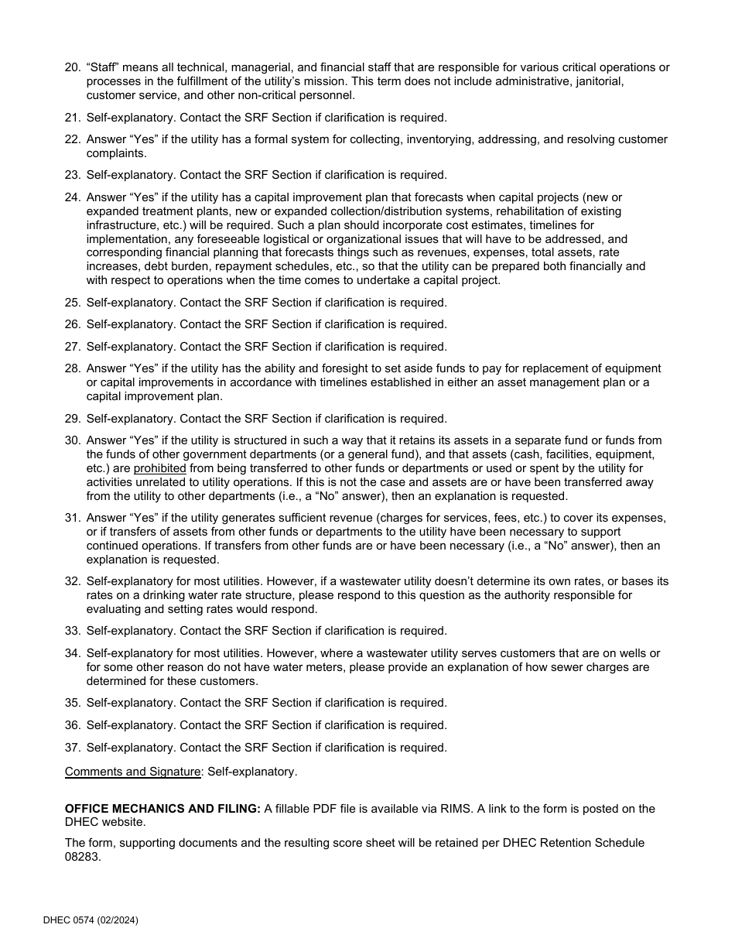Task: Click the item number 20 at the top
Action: pyautogui.click(x=72, y=67)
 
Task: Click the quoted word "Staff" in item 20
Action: pyautogui.click(x=101, y=67)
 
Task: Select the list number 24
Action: pyautogui.click(x=72, y=197)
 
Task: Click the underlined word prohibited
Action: pyautogui.click(x=159, y=468)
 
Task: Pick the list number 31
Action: pyautogui.click(x=72, y=518)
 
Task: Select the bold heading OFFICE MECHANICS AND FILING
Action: pyautogui.click(x=162, y=809)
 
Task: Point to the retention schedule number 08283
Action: pyautogui.click(x=83, y=857)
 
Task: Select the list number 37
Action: pyautogui.click(x=72, y=748)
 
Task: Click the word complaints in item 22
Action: pyautogui.click(x=115, y=153)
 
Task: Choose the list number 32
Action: pyautogui.click(x=72, y=581)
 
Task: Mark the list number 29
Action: pyautogui.click(x=72, y=419)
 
